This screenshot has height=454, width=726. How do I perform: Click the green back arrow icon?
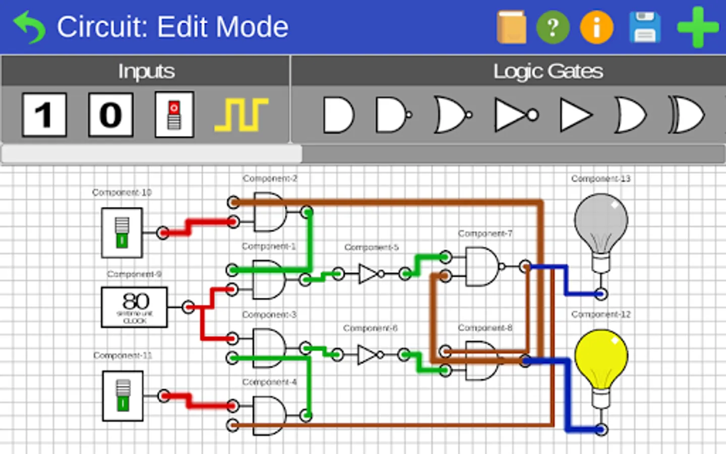pyautogui.click(x=29, y=27)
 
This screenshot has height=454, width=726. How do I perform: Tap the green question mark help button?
pyautogui.click(x=553, y=27)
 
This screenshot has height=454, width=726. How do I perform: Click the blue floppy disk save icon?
pyautogui.click(x=645, y=27)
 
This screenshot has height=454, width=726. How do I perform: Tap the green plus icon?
pyautogui.click(x=697, y=27)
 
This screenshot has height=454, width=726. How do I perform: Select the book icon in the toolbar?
pyautogui.click(x=511, y=27)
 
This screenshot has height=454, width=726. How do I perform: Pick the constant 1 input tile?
pyautogui.click(x=44, y=115)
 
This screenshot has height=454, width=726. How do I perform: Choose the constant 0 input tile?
pyautogui.click(x=111, y=115)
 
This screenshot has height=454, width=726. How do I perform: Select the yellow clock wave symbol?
pyautogui.click(x=241, y=115)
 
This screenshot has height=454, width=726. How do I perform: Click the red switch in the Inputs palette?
pyautogui.click(x=174, y=115)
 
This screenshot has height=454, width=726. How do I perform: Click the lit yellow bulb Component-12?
pyautogui.click(x=601, y=358)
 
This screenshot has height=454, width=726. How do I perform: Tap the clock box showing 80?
pyautogui.click(x=134, y=307)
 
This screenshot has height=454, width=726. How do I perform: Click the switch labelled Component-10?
pyautogui.click(x=122, y=233)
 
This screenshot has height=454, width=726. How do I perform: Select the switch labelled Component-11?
pyautogui.click(x=123, y=396)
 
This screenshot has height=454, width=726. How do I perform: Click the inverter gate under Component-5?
pyautogui.click(x=369, y=274)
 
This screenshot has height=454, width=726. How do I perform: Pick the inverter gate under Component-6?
pyautogui.click(x=368, y=355)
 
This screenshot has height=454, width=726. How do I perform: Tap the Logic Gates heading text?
pyautogui.click(x=548, y=71)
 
